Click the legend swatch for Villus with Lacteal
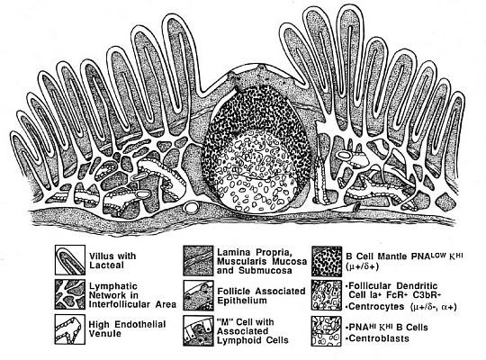tap(70, 260)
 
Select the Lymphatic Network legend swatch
tap(70, 294)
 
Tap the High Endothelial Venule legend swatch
tap(70, 329)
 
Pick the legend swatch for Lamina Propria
tap(198, 261)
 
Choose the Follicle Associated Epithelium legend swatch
tap(198, 295)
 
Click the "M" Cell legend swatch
tap(198, 331)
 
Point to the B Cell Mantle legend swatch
tap(327, 261)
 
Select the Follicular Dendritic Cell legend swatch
tap(327, 295)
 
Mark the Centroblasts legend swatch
tap(327, 331)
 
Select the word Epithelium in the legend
tap(242, 301)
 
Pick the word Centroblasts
tap(379, 338)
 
